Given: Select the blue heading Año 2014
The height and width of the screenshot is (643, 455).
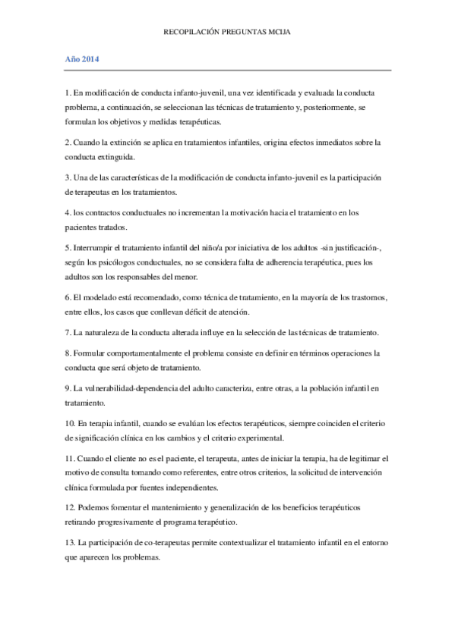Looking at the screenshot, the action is coord(81,58).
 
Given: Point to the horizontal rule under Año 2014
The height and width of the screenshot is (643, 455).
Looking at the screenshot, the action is coord(228,70).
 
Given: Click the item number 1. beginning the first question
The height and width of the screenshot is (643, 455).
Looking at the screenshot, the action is coord(68,93).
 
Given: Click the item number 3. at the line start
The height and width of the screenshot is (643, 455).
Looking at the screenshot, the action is coord(68,177).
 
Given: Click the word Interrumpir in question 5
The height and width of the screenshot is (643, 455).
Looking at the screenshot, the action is coord(94,248).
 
